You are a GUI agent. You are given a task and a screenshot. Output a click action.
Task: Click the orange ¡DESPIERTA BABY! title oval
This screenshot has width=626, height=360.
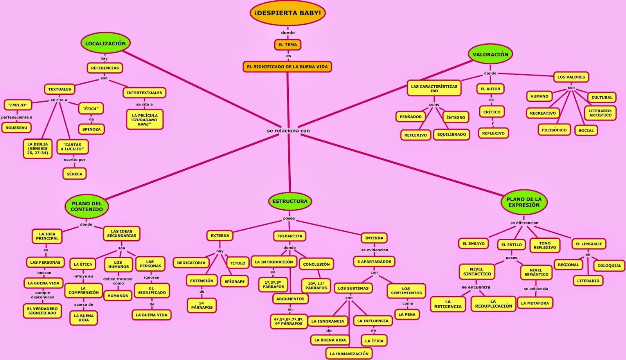coord(288,13)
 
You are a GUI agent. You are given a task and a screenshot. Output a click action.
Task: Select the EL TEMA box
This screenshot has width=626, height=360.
coord(288,45)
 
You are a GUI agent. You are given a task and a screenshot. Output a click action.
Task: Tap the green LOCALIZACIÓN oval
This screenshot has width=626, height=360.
coord(105,43)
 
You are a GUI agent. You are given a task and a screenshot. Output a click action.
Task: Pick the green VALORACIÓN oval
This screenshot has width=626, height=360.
coord(490,54)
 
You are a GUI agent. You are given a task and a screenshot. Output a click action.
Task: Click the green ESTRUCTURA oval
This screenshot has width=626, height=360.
coord(290,201)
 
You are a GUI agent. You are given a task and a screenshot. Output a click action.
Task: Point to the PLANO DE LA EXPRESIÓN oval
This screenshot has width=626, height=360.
coord(524,202)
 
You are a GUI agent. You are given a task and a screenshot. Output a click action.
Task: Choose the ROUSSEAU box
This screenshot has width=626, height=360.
coord(16,128)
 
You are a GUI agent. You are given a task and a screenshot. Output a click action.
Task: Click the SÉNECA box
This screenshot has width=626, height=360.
coord(74,174)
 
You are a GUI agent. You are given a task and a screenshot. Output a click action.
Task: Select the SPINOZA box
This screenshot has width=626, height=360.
coord(92,129)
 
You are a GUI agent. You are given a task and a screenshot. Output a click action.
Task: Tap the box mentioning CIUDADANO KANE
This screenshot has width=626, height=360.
coord(145,120)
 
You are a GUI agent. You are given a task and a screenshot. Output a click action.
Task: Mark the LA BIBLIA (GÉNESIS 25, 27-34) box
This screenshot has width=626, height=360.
coord(38,149)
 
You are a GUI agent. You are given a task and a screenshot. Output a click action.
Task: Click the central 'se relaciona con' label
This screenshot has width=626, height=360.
coord(288,131)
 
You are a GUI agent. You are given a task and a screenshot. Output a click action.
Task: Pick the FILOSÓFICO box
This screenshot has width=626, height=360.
coord(554,130)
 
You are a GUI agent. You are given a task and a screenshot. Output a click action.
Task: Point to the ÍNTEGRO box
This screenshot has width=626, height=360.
coord(456,117)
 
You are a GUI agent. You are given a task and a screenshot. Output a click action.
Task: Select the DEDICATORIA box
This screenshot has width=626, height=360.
coord(191,263)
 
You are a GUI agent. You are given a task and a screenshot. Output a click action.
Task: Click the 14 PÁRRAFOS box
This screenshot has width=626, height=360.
coord(202,305)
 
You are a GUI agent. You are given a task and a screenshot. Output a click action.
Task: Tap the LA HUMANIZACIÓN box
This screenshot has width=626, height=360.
coord(349,353)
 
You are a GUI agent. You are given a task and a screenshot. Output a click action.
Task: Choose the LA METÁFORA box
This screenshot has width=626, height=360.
coord(535,303)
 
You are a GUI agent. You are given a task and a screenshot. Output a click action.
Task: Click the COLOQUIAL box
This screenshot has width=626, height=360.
coord(609,265)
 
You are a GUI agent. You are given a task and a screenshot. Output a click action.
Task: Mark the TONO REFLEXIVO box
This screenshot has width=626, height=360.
coord(545,245)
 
